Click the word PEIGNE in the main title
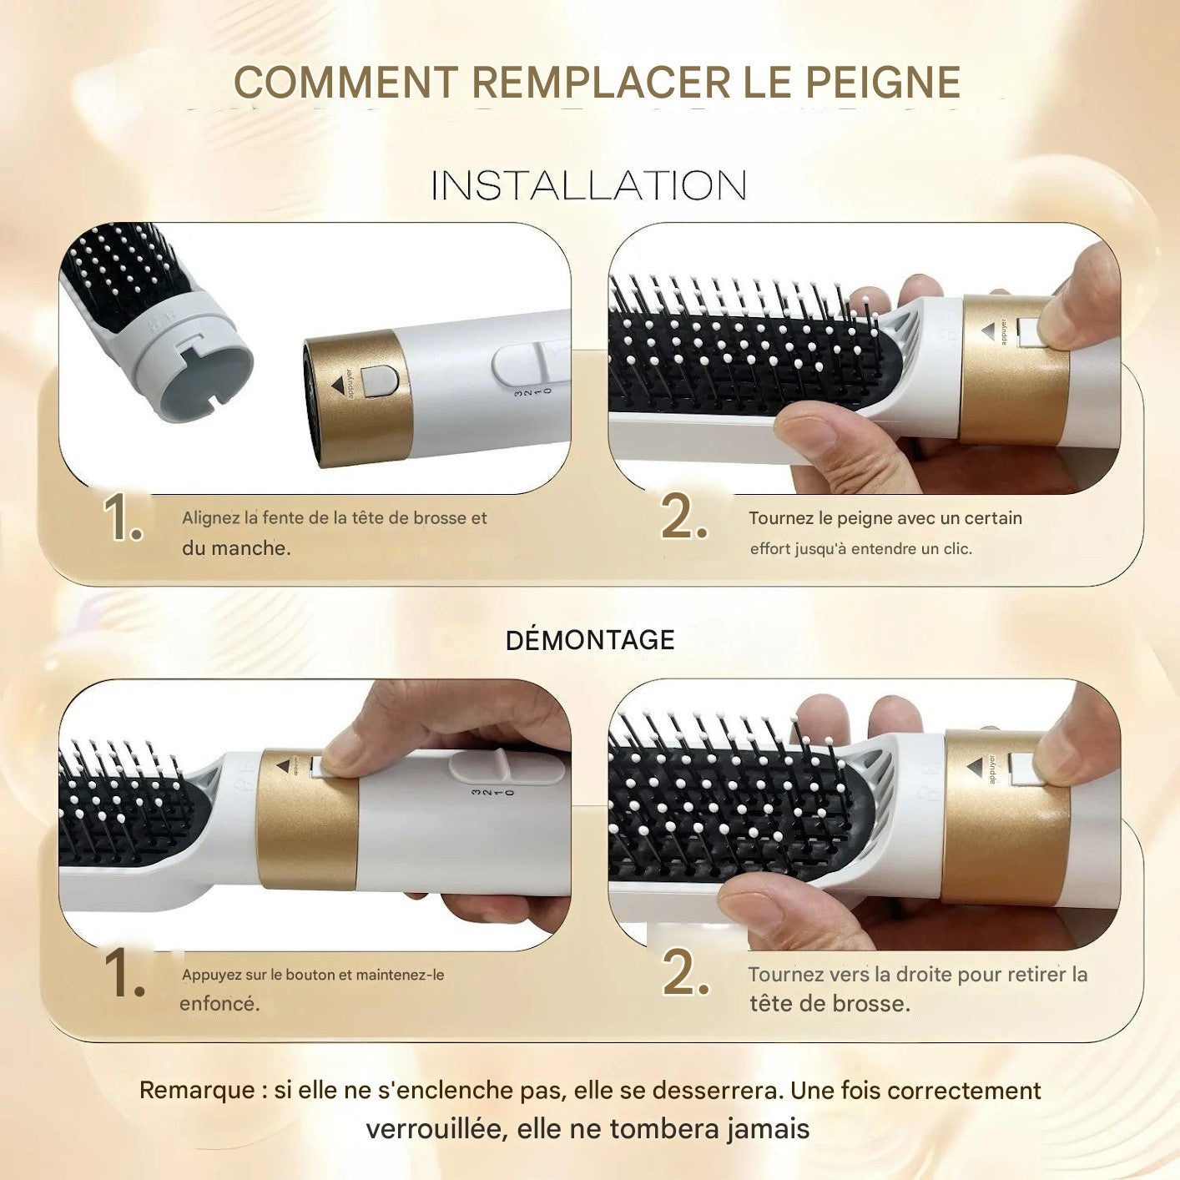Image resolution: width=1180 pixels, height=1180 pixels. coord(883,83)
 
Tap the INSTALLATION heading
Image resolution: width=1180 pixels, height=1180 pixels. coord(589,185)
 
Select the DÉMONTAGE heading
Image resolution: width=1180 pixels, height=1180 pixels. coord(590,640)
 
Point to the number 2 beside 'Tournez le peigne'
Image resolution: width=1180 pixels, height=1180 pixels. coord(683,518)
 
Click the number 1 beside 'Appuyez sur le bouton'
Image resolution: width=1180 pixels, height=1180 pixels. coord(124,974)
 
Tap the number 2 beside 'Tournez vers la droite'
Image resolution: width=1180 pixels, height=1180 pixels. coord(685,972)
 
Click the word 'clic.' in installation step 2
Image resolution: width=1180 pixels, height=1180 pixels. coord(957,549)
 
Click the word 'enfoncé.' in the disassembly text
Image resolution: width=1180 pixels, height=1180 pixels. coord(219,1004)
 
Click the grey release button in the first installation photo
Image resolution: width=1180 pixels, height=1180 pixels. coord(381,381)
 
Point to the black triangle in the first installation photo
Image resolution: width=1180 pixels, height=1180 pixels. coord(338,385)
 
